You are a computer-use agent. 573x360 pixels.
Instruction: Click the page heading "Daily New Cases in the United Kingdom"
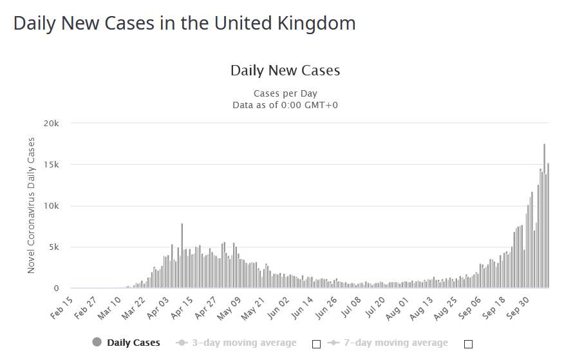184,24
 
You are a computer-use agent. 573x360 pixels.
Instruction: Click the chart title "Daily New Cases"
285,70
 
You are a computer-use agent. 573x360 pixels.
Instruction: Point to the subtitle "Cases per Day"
285,93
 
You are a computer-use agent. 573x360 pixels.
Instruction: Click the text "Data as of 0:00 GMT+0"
285,104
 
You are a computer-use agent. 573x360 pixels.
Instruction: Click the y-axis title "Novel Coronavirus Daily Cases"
32,205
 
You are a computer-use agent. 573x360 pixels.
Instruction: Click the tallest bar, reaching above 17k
544,216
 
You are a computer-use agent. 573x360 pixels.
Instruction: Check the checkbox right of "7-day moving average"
469,344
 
